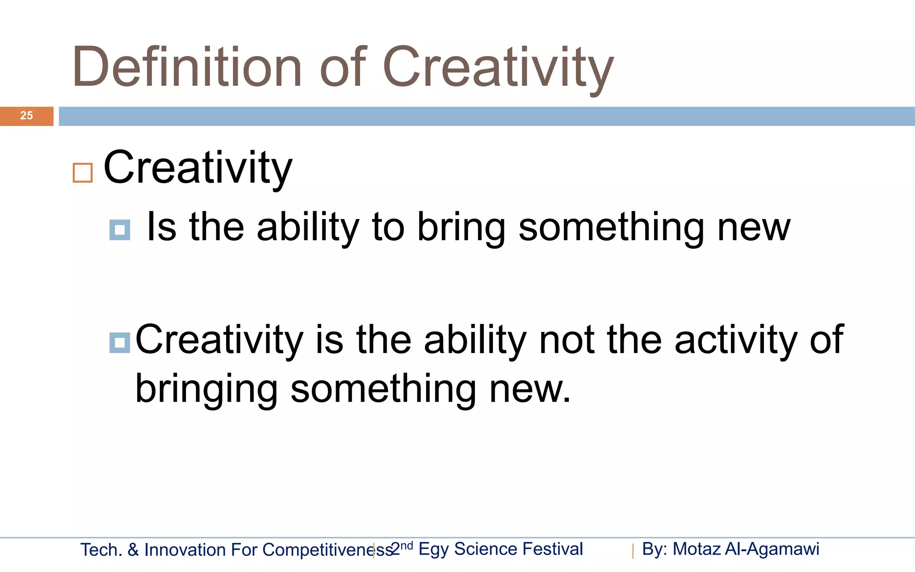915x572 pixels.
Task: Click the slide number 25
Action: [26, 116]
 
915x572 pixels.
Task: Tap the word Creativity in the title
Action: [498, 68]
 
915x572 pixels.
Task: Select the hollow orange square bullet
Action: [83, 173]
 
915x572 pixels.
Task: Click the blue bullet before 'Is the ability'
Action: [120, 230]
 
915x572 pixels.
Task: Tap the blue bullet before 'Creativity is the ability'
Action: [120, 343]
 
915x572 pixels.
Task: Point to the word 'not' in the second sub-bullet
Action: [567, 341]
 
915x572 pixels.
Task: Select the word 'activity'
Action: [736, 341]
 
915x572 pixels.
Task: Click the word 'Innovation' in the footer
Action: [185, 550]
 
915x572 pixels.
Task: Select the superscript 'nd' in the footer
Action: [407, 545]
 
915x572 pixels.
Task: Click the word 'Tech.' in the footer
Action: [101, 550]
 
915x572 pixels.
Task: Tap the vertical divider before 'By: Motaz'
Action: [633, 551]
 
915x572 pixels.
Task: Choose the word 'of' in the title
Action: [343, 68]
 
